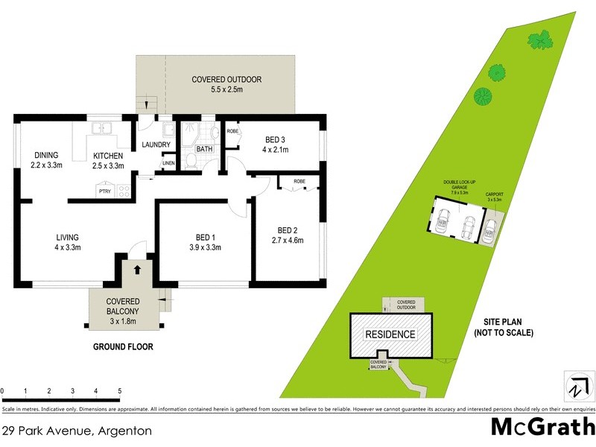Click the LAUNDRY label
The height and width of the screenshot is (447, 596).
156,145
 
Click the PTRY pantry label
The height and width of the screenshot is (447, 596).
105,191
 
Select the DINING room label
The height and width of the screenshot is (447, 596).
45,155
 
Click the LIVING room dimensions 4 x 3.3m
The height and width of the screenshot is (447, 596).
67,248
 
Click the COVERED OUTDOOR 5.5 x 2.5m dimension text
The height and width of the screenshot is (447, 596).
226,90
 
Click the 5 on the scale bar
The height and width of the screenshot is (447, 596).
119,390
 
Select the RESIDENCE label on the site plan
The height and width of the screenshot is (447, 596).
390,335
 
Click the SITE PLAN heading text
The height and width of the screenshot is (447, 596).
503,321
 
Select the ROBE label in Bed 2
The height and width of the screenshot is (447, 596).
299,181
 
